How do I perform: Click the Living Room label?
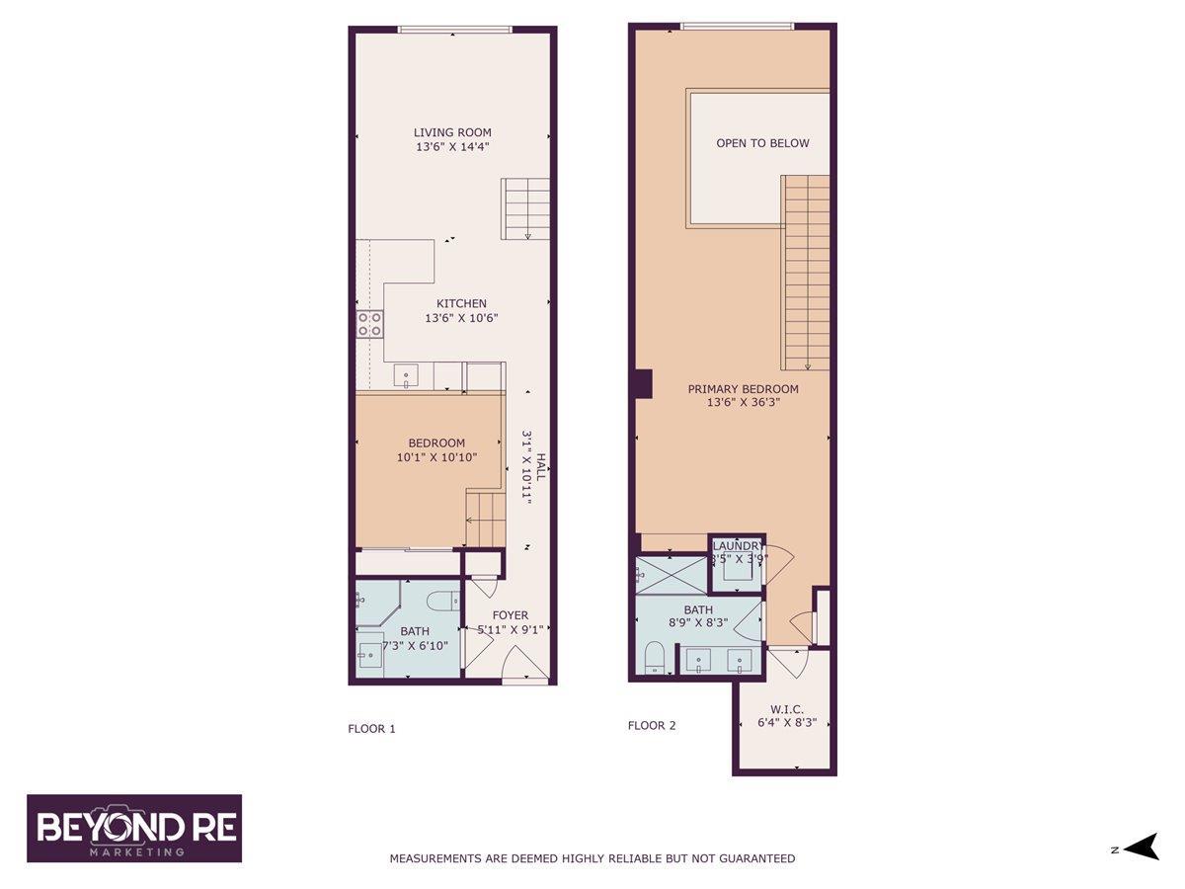click(x=452, y=132)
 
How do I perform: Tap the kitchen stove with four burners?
click(x=370, y=323)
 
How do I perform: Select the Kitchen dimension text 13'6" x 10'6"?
click(x=462, y=319)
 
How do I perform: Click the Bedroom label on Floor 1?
click(x=436, y=444)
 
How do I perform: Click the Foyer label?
click(x=511, y=615)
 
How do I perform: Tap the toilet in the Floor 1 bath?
click(x=441, y=600)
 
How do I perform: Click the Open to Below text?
click(x=762, y=143)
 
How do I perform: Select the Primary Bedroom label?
click(x=743, y=389)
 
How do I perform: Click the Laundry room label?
click(x=738, y=546)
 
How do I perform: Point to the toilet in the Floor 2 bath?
click(x=654, y=658)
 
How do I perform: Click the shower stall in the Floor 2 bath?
click(x=671, y=576)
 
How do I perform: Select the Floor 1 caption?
click(x=371, y=729)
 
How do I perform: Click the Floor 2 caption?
click(x=652, y=726)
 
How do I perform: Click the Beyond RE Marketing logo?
click(x=134, y=828)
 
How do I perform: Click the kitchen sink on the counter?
click(x=406, y=375)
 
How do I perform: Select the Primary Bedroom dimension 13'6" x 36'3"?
click(x=743, y=403)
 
